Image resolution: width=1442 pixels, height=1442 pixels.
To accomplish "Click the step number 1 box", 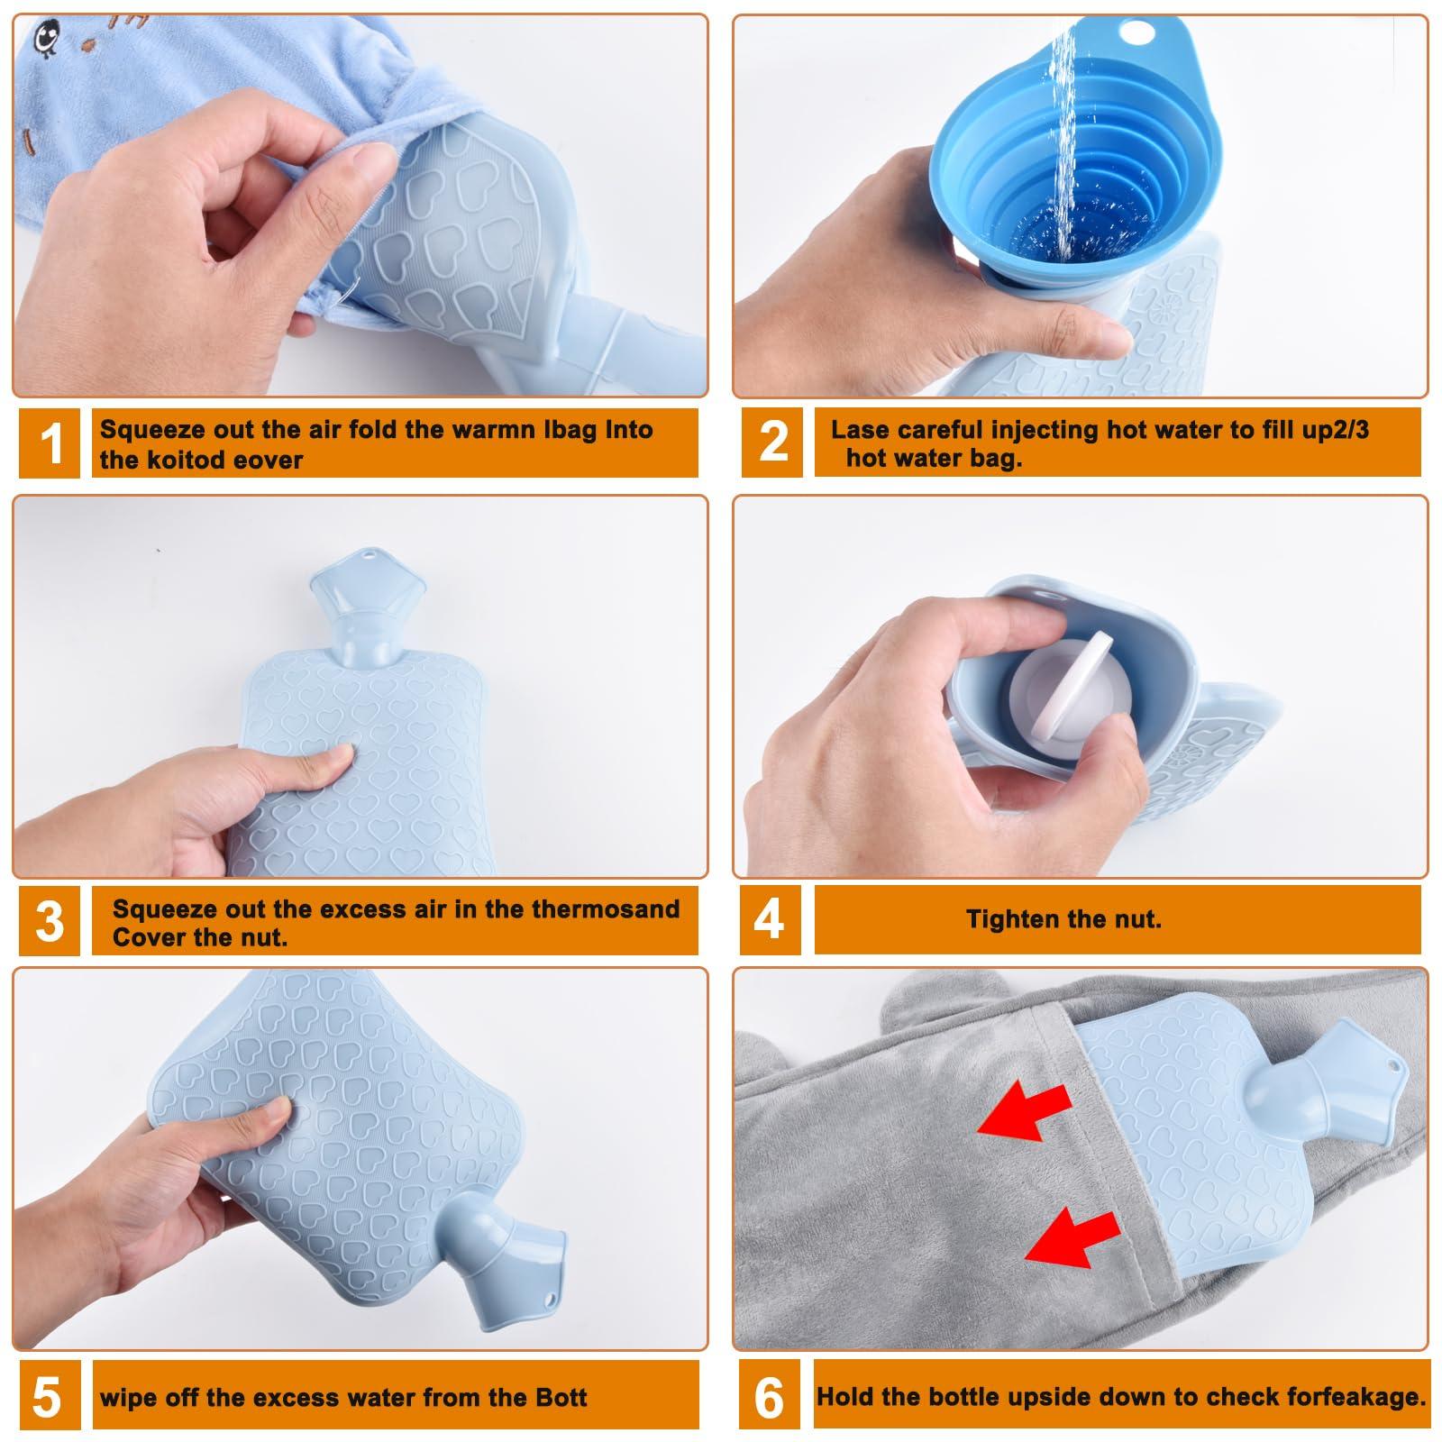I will [51, 442].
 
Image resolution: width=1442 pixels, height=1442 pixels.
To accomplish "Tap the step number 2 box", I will [772, 442].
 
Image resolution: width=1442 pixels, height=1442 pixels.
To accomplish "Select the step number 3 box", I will [50, 920].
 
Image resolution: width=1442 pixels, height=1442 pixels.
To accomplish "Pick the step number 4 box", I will [770, 920].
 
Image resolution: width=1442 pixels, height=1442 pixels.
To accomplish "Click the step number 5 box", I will [46, 1397].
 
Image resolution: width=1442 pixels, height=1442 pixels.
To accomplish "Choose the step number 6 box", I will [769, 1397].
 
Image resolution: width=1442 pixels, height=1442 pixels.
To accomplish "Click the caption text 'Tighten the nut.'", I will [1063, 919].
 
